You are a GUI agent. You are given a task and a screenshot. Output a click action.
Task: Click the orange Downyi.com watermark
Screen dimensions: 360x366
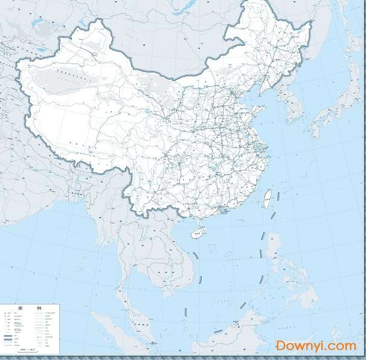tap(316, 346)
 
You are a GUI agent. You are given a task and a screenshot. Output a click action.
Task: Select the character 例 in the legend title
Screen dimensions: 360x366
tap(39, 307)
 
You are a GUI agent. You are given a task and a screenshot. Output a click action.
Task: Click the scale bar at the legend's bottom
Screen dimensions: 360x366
tap(27, 350)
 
